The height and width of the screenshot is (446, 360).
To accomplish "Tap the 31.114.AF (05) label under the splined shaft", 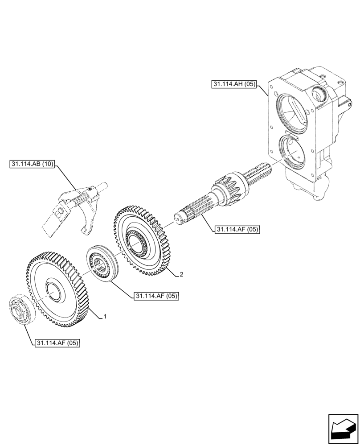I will [237, 230].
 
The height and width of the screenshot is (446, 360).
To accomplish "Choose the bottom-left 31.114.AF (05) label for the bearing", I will [57, 343].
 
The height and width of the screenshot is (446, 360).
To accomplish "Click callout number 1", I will [105, 317].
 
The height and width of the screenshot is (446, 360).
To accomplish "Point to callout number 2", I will [181, 274].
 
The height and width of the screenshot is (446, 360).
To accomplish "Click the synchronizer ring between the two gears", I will [102, 264].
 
